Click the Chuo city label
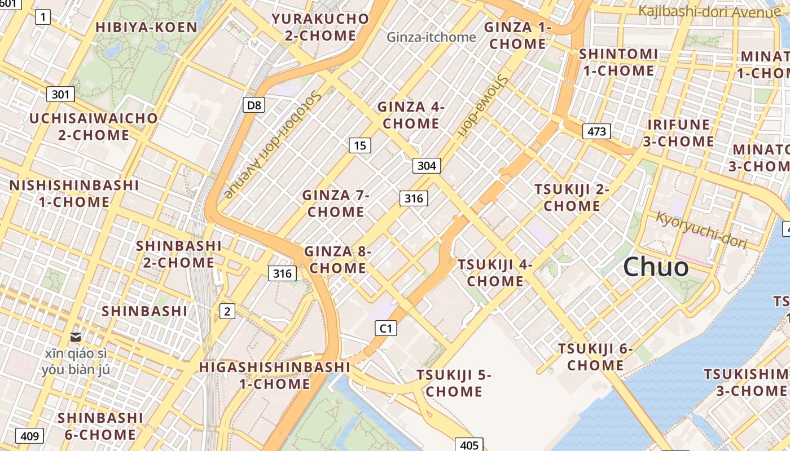pyautogui.click(x=656, y=267)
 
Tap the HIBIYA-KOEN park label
pyautogui.click(x=146, y=27)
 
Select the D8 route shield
pyautogui.click(x=254, y=104)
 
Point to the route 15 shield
pyautogui.click(x=359, y=145)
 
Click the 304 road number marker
pyautogui.click(x=427, y=165)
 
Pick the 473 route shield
pyautogui.click(x=596, y=131)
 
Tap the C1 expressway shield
pyautogui.click(x=386, y=328)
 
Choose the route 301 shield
pyautogui.click(x=60, y=94)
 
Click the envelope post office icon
pyautogui.click(x=76, y=337)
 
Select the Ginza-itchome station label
pyautogui.click(x=431, y=37)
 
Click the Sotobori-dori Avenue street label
pyautogui.click(x=273, y=144)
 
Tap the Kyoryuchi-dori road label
pyautogui.click(x=701, y=230)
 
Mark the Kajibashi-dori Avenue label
pyautogui.click(x=709, y=11)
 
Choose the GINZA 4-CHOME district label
pyautogui.click(x=411, y=115)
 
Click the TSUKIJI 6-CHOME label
pyautogui.click(x=595, y=357)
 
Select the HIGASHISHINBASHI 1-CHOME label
pyautogui.click(x=275, y=375)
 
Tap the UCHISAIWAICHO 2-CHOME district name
pyautogui.click(x=94, y=127)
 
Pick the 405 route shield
pyautogui.click(x=469, y=445)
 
